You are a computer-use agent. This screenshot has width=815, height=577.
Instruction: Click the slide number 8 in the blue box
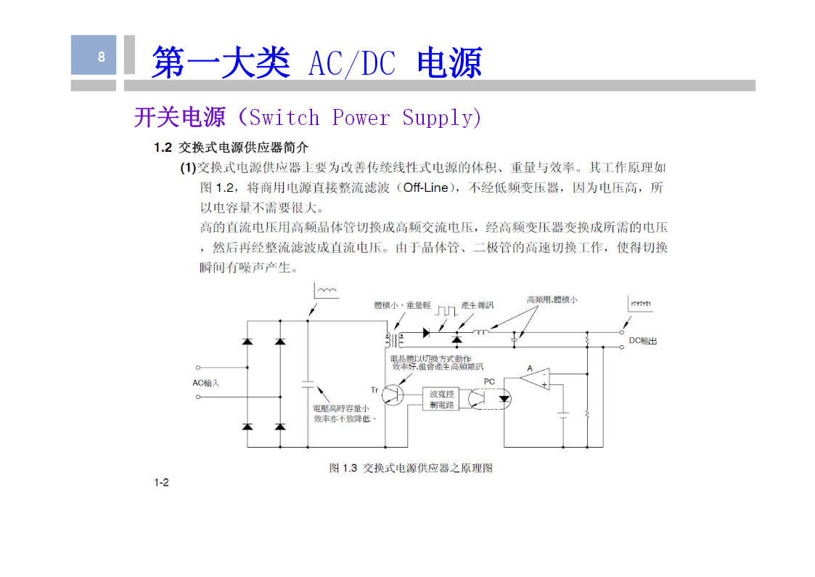102,56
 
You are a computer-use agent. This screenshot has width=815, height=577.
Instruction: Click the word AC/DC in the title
352,63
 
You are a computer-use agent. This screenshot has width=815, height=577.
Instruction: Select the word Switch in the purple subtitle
284,118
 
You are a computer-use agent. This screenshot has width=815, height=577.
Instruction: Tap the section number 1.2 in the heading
163,148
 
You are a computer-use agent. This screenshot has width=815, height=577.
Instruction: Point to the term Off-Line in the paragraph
426,187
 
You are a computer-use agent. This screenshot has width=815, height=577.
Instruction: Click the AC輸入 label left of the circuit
206,383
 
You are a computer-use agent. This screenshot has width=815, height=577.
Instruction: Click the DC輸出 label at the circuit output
643,341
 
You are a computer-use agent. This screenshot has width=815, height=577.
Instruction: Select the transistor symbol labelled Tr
393,395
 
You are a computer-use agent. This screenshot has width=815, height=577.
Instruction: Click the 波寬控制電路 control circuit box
441,399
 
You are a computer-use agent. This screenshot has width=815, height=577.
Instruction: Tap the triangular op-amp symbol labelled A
536,379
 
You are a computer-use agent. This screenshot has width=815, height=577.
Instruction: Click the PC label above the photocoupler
489,382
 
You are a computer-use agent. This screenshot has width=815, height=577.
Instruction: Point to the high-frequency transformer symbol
394,340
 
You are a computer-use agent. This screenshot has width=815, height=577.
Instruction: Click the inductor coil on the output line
480,331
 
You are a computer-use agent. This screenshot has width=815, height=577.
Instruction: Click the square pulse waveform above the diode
446,310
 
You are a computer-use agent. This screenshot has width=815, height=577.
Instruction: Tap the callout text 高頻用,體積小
552,299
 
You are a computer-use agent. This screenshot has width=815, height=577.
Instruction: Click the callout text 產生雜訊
477,305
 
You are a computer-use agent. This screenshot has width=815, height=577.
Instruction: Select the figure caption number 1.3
350,468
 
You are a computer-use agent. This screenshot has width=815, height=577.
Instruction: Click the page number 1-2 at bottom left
161,483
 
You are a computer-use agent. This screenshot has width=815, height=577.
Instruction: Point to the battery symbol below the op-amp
563,415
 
